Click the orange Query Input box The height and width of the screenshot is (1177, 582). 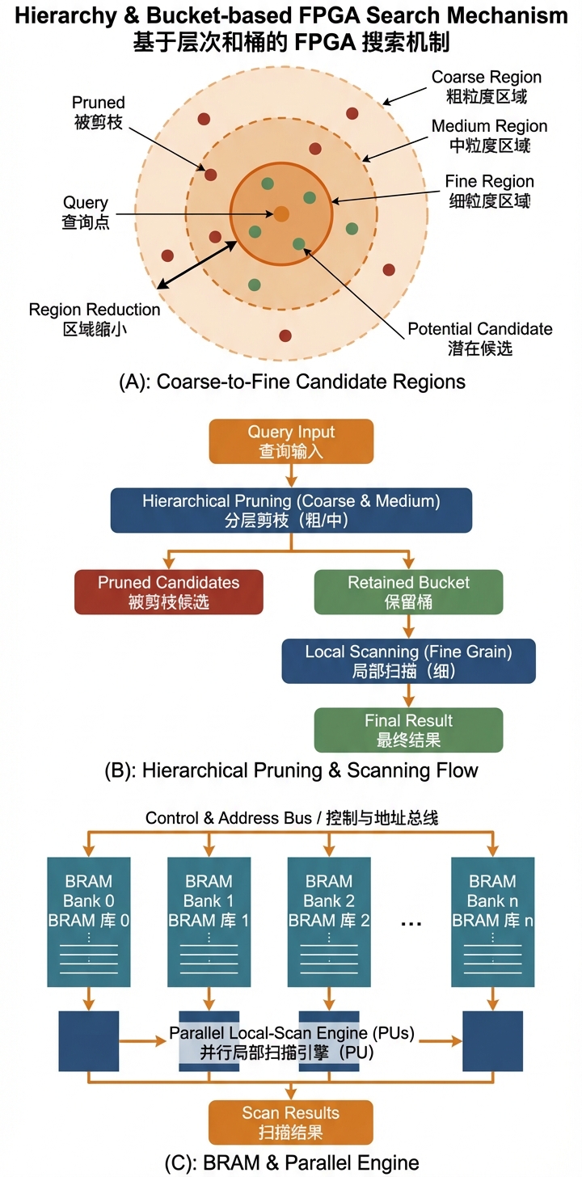(x=291, y=441)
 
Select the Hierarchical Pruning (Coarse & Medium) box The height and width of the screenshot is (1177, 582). (x=291, y=510)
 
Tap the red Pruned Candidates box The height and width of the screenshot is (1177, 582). (x=168, y=592)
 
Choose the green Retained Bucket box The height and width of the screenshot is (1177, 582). (x=408, y=592)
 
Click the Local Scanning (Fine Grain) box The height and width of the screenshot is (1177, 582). (x=408, y=660)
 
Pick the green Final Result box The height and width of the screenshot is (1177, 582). (x=408, y=730)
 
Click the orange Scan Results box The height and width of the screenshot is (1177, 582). (x=291, y=1122)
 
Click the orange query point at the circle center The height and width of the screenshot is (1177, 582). (x=281, y=213)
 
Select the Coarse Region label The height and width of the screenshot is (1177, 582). (x=487, y=86)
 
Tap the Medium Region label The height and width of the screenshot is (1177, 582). (x=489, y=136)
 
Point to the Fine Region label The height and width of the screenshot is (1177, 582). (x=489, y=191)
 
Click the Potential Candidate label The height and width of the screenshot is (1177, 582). (x=479, y=338)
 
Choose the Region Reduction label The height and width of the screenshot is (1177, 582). (x=95, y=319)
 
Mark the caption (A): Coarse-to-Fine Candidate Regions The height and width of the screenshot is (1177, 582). (x=292, y=382)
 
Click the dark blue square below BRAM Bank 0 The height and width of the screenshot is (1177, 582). (x=89, y=1040)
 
